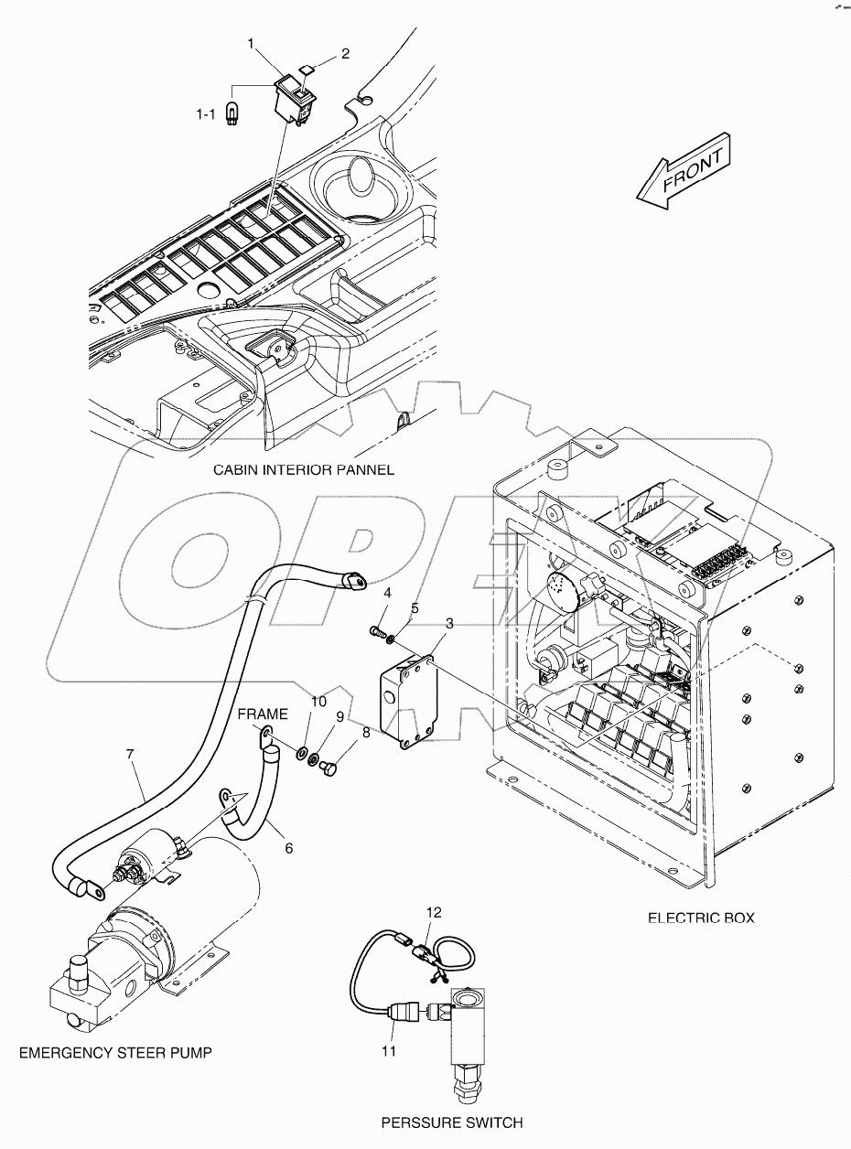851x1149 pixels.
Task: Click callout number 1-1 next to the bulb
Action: click(206, 114)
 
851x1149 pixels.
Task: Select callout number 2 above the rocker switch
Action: click(345, 54)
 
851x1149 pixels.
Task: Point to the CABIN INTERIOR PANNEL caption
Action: click(303, 470)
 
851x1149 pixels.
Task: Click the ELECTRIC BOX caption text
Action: click(701, 918)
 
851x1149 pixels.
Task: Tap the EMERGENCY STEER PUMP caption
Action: click(115, 1053)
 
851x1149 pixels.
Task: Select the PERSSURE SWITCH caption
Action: click(453, 1122)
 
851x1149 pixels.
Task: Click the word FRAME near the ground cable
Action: click(264, 714)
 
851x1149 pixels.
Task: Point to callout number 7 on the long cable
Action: click(130, 755)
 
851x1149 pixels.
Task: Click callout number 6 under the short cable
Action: click(288, 849)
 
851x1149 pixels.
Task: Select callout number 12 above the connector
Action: click(435, 912)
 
